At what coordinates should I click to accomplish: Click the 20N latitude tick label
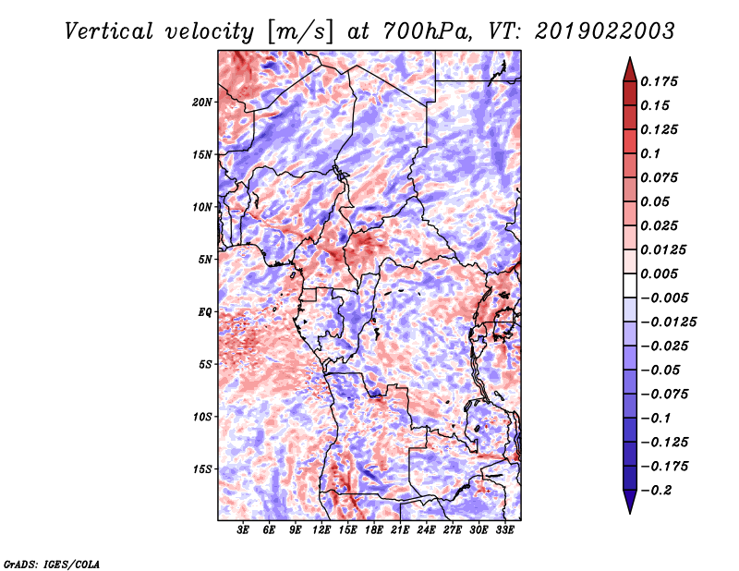click(202, 103)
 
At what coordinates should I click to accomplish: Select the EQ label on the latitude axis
click(205, 312)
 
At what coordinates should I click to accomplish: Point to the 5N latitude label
click(205, 260)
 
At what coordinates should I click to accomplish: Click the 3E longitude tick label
click(243, 529)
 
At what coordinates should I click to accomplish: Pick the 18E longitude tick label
click(374, 529)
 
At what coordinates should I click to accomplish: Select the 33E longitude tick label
click(504, 529)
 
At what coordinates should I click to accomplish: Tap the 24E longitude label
click(426, 529)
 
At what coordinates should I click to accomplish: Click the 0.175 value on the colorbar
click(659, 81)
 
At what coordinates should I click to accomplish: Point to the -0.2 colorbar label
click(656, 491)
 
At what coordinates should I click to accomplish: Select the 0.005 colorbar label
click(659, 273)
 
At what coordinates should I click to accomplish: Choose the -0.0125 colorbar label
click(668, 322)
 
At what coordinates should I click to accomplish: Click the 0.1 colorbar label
click(650, 153)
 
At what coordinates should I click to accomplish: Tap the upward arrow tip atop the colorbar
click(630, 57)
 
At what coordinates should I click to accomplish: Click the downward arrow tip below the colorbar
click(630, 513)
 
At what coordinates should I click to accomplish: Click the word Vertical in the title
click(109, 31)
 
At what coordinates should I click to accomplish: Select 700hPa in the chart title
click(427, 31)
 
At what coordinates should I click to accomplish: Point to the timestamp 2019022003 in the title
click(605, 31)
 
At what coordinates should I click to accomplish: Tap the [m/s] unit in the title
click(300, 32)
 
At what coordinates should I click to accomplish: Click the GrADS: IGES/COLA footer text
click(52, 564)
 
